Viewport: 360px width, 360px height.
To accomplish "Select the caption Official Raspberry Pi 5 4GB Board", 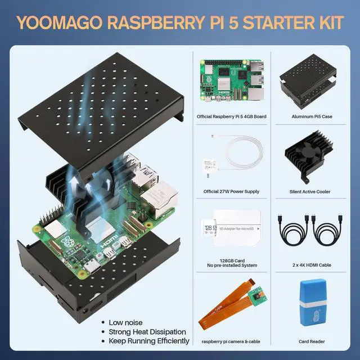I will coord(231,116).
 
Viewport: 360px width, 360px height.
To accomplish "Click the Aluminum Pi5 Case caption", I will coord(312,116).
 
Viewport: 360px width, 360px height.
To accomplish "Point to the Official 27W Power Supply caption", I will coord(231,191).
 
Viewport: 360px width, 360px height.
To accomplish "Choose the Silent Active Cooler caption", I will coord(312,191).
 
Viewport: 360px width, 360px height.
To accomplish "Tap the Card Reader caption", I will coord(312,341).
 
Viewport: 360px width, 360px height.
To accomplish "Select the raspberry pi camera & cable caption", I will coord(231,341).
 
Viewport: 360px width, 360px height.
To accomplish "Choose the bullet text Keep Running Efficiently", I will coord(150,341).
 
